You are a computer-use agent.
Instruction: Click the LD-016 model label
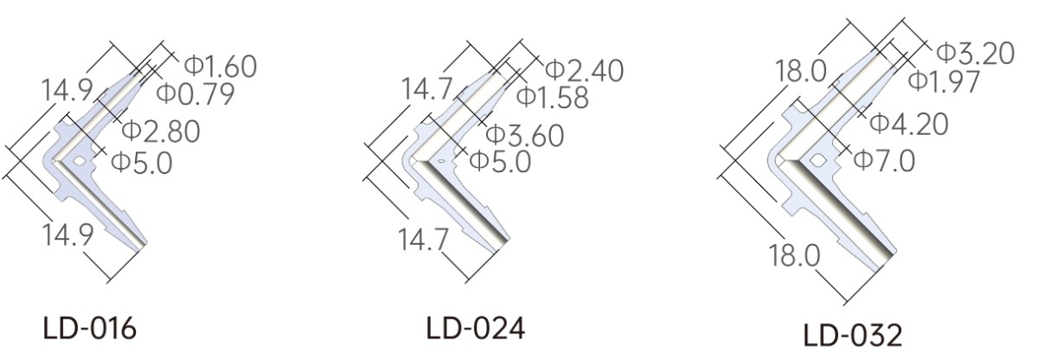pyautogui.click(x=89, y=329)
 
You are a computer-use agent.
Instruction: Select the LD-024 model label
pyautogui.click(x=476, y=328)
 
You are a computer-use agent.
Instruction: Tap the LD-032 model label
pyautogui.click(x=853, y=336)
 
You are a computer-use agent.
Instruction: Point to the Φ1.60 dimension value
pyautogui.click(x=221, y=67)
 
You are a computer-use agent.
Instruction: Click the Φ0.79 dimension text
pyautogui.click(x=195, y=93)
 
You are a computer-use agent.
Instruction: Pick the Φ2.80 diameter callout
pyautogui.click(x=161, y=132)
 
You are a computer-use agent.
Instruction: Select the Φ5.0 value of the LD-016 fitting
pyautogui.click(x=142, y=163)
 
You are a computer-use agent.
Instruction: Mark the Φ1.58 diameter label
pyautogui.click(x=553, y=97)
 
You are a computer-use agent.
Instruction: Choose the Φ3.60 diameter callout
pyautogui.click(x=525, y=136)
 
